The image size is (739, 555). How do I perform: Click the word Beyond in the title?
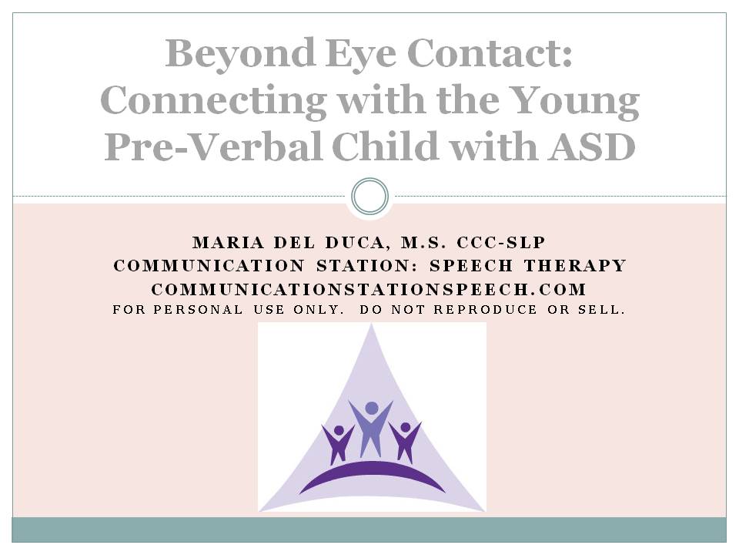pyautogui.click(x=240, y=54)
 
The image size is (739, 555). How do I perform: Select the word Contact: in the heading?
pyautogui.click(x=490, y=53)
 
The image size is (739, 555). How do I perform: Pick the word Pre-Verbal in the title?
pyautogui.click(x=213, y=146)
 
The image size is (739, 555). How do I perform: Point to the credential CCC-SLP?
pyautogui.click(x=501, y=243)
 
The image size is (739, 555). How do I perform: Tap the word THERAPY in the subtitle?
pyautogui.click(x=575, y=266)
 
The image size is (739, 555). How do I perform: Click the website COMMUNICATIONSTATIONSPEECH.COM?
pyautogui.click(x=369, y=289)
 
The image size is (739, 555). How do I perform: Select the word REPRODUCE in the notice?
pyautogui.click(x=486, y=310)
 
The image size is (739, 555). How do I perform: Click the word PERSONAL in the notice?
pyautogui.click(x=198, y=310)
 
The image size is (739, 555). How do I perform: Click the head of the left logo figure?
pyautogui.click(x=339, y=430)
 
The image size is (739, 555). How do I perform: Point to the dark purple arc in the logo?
pyautogui.click(x=373, y=473)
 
